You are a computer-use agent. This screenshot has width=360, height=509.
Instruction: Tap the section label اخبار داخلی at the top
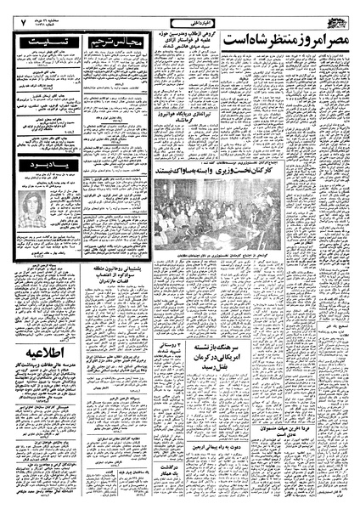click(x=182, y=14)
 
